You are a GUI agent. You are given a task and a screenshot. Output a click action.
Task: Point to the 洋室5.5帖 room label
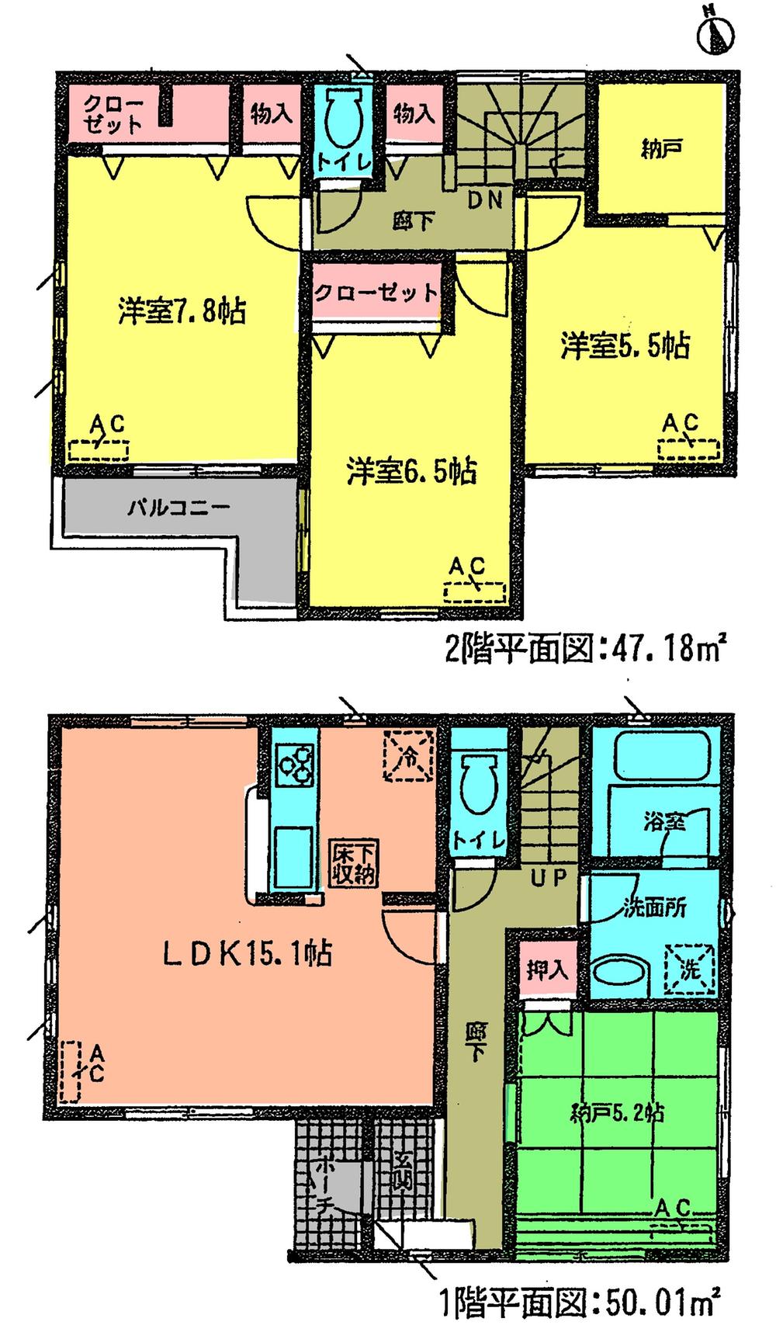click(625, 346)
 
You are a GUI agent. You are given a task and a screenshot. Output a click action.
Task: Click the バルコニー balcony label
click(178, 509)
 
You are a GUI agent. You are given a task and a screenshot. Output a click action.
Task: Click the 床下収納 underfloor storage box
click(355, 862)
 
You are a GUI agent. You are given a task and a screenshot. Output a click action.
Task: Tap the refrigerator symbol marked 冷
click(409, 753)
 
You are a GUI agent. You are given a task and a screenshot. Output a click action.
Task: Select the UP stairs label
click(549, 878)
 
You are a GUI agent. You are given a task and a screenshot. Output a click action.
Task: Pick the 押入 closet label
click(546, 969)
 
